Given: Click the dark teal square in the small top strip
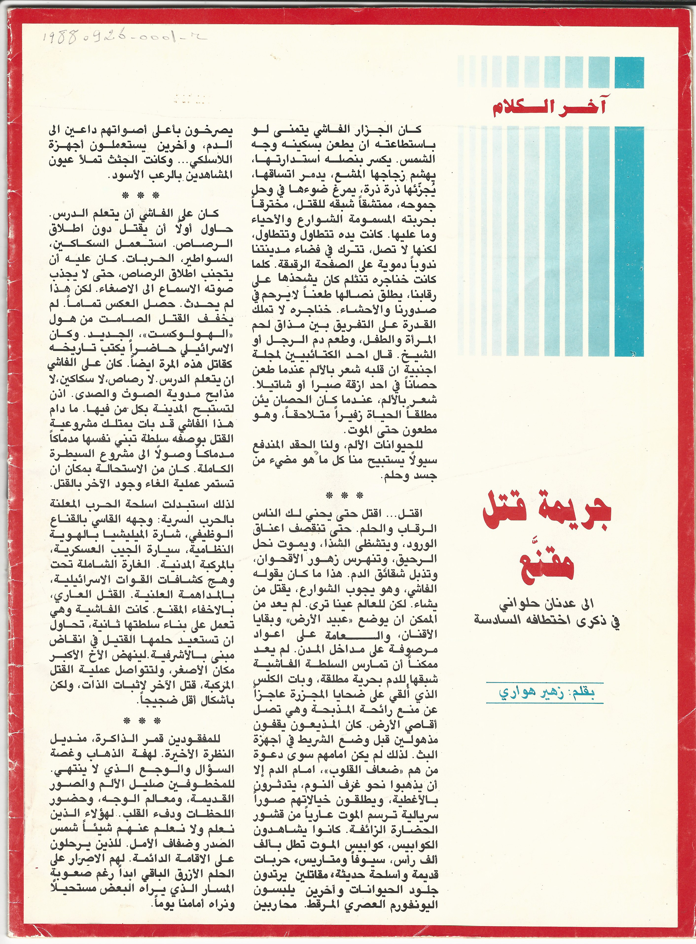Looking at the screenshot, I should (x=629, y=72).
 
